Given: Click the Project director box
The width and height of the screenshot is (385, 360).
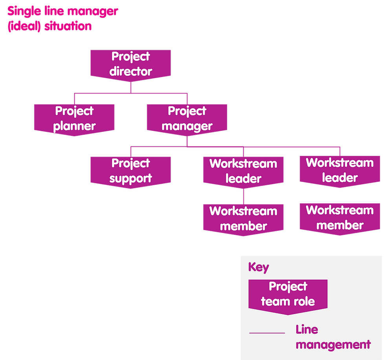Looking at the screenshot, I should click(x=130, y=64).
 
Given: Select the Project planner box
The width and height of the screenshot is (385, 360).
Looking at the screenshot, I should click(x=74, y=119).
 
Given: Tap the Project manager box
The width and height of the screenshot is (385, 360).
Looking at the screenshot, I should click(x=187, y=119).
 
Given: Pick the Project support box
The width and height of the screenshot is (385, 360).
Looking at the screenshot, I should click(x=130, y=171).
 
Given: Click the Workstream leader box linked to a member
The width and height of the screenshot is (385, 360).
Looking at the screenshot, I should click(x=243, y=171).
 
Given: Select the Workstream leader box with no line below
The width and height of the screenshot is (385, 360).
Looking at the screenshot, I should click(x=339, y=170).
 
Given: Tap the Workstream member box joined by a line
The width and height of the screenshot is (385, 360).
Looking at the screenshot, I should click(x=243, y=219).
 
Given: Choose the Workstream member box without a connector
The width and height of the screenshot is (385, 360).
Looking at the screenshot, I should click(x=339, y=218).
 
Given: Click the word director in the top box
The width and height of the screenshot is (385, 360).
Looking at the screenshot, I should click(x=130, y=72).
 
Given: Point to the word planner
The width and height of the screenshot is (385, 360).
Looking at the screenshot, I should click(x=74, y=126).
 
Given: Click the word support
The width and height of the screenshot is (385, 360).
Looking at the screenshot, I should click(x=130, y=179).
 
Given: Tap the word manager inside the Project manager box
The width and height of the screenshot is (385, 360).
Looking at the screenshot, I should click(x=187, y=126).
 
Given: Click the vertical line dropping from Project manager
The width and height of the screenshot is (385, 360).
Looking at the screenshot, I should click(x=187, y=141).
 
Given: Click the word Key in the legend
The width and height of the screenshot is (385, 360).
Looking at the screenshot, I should click(x=258, y=268).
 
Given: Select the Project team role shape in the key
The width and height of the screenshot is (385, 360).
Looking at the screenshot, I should click(x=288, y=294).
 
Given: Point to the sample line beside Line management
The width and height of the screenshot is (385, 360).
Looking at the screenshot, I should click(x=267, y=333).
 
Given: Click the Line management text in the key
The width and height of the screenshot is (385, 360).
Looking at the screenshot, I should click(x=332, y=337).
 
